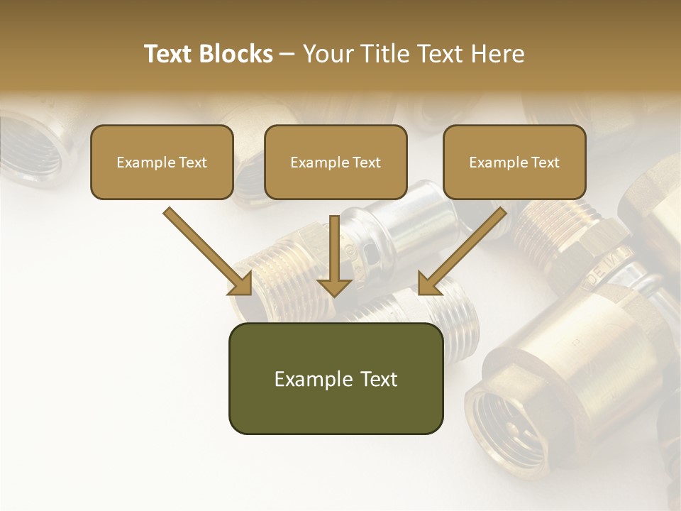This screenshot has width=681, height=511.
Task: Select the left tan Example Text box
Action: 162,162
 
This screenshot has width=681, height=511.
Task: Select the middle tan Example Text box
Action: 336,162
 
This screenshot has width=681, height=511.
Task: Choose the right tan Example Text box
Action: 514,162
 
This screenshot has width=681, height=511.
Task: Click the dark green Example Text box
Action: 336,378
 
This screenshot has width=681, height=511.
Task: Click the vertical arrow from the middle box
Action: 335,248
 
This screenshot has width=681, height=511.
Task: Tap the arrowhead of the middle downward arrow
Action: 335,286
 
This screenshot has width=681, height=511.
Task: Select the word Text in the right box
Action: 546,162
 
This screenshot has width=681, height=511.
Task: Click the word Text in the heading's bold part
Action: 170,54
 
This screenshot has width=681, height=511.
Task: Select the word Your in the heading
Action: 327,54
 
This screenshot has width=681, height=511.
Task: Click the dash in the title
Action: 287,54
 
